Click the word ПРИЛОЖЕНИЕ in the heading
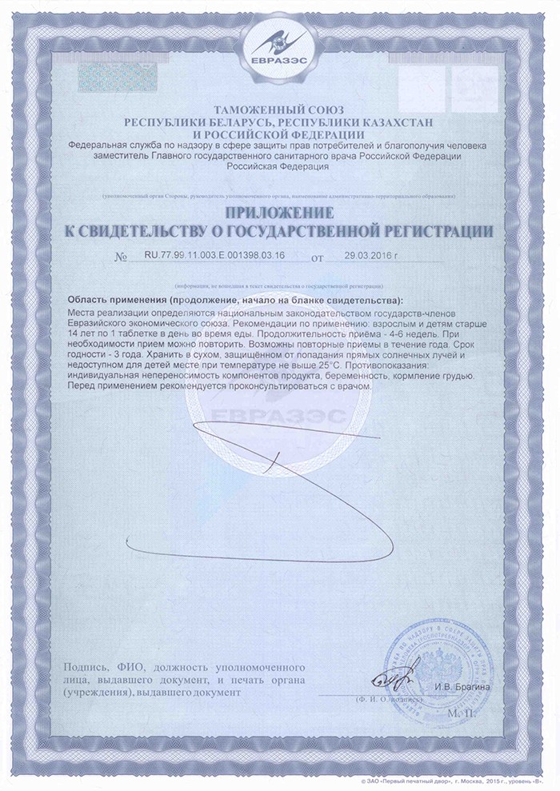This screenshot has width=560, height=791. click(x=279, y=214)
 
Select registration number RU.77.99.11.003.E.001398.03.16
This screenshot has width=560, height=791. click(x=211, y=254)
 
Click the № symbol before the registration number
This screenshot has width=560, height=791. click(x=122, y=258)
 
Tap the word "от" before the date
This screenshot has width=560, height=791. click(x=317, y=258)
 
